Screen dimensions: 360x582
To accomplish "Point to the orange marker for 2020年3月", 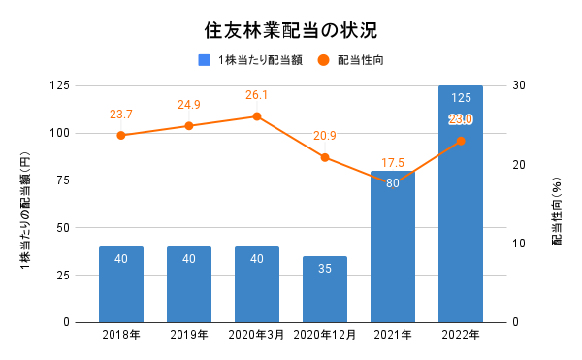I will pyautogui.click(x=257, y=116).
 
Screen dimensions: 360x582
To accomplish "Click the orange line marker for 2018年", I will pyautogui.click(x=121, y=135).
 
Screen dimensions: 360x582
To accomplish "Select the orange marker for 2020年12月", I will pyautogui.click(x=325, y=157).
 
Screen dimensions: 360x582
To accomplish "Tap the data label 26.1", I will pyautogui.click(x=257, y=95).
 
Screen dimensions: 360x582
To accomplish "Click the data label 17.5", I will pyautogui.click(x=393, y=162).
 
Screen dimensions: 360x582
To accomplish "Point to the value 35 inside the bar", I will pyautogui.click(x=325, y=269).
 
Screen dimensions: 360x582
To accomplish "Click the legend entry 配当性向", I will pyautogui.click(x=360, y=60).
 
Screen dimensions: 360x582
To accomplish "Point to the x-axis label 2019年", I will pyautogui.click(x=189, y=335).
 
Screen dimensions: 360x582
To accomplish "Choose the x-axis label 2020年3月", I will pyautogui.click(x=257, y=335).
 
